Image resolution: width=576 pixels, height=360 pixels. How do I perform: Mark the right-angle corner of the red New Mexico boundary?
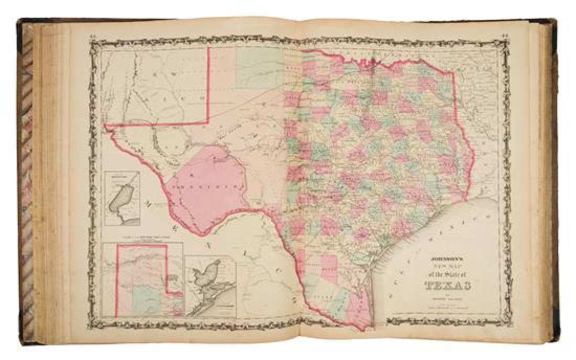coord(209,123)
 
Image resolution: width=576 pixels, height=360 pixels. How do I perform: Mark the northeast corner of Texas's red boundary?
coord(452,73)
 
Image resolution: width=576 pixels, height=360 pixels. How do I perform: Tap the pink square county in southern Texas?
coord(329,267)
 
